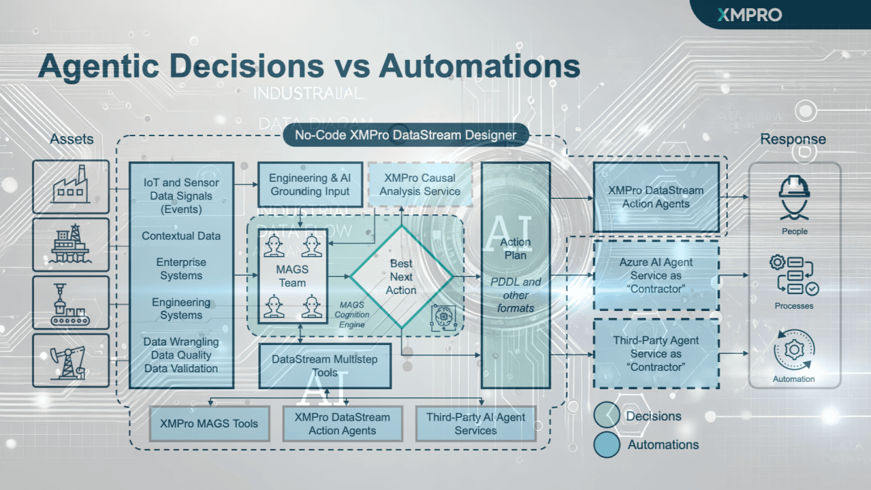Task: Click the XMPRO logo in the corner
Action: [750, 14]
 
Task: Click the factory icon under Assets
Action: [71, 185]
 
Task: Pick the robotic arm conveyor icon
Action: [71, 302]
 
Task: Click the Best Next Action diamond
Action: [401, 276]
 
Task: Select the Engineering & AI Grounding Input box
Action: [311, 185]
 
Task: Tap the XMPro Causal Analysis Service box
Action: [419, 185]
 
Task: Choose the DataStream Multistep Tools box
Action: [325, 365]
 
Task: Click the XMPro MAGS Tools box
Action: [209, 423]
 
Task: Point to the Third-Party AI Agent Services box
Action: [475, 423]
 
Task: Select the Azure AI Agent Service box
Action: [656, 276]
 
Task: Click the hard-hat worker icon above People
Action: [794, 197]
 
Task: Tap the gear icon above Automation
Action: [794, 350]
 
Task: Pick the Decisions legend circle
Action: [606, 416]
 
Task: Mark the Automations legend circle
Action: [606, 444]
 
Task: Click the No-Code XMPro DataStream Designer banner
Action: [405, 135]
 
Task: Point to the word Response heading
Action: [793, 140]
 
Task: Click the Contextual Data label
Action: [181, 236]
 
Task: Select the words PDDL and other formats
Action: [516, 295]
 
